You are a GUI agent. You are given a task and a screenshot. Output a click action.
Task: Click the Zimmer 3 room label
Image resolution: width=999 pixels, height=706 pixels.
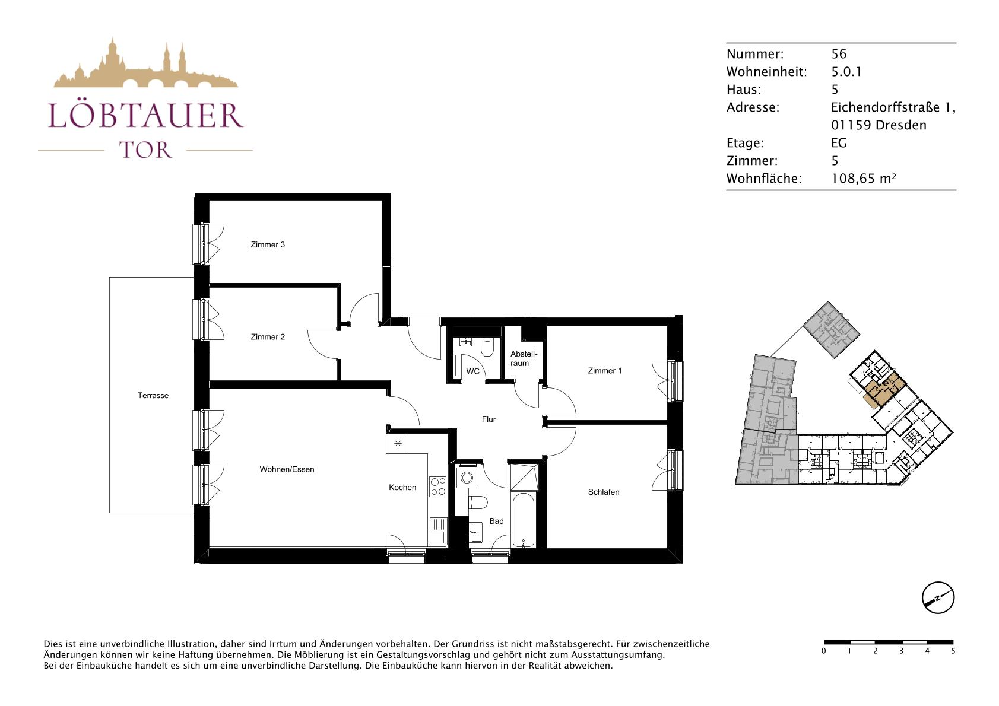[x=268, y=244]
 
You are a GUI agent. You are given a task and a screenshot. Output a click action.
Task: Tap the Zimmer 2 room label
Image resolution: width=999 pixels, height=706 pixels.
[x=268, y=337]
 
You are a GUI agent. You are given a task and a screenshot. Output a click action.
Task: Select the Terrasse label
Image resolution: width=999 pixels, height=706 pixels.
[x=153, y=395]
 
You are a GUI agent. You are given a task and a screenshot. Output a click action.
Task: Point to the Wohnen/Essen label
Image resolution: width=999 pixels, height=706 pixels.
[x=287, y=469]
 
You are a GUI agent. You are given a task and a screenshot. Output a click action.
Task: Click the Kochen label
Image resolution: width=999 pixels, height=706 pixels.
[x=402, y=488]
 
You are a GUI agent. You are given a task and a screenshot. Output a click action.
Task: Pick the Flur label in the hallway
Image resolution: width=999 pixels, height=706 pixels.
[x=489, y=419]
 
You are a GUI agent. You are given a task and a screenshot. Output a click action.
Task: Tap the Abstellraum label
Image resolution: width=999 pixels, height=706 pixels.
[x=524, y=358]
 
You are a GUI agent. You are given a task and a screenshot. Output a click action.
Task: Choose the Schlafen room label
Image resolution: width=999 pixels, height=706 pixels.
[x=604, y=492]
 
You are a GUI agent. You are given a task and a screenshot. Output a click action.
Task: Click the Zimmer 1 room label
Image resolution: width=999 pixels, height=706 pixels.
[x=604, y=371]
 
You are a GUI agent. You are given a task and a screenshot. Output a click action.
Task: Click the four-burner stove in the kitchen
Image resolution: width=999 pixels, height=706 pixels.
[x=437, y=486]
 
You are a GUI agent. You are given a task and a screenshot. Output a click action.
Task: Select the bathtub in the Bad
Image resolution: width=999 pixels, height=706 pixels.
[x=523, y=520]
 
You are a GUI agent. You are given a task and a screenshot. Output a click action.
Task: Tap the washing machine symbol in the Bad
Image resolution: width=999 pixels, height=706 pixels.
[x=467, y=478]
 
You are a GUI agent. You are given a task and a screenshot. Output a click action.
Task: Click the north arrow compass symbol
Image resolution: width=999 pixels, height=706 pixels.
[x=938, y=597]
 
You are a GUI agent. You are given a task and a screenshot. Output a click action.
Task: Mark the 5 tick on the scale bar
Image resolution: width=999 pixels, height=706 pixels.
[x=953, y=651]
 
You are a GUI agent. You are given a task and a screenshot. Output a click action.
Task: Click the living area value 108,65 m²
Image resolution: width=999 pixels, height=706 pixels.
[x=864, y=179]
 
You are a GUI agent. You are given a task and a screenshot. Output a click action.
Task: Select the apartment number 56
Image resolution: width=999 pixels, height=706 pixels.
[x=839, y=54]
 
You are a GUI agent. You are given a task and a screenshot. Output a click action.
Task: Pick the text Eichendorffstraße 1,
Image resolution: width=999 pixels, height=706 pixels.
[x=893, y=107]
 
